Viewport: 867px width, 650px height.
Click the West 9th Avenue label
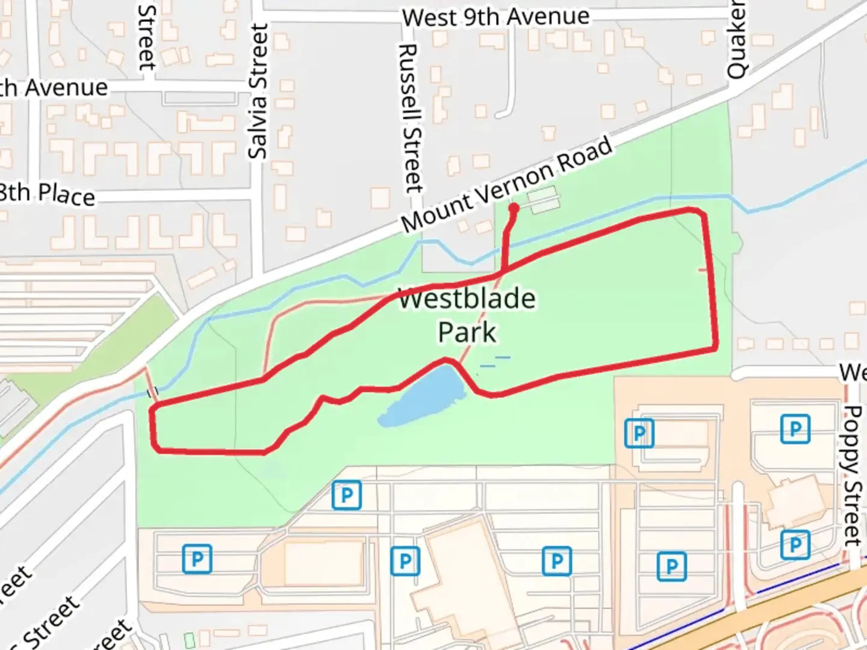(x=496, y=17)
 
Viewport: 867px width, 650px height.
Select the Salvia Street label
(x=258, y=92)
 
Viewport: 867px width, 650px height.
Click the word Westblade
(x=467, y=299)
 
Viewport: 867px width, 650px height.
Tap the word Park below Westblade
(x=467, y=332)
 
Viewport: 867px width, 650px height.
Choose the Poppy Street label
(x=853, y=475)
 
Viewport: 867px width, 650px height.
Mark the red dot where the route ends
(x=514, y=208)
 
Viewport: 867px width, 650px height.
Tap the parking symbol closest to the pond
(x=347, y=495)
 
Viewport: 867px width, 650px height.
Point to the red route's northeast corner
(x=701, y=212)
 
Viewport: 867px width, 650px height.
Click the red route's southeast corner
(x=715, y=347)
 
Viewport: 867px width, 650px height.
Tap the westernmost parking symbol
(x=197, y=559)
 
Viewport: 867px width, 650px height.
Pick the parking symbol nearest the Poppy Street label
(x=795, y=429)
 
